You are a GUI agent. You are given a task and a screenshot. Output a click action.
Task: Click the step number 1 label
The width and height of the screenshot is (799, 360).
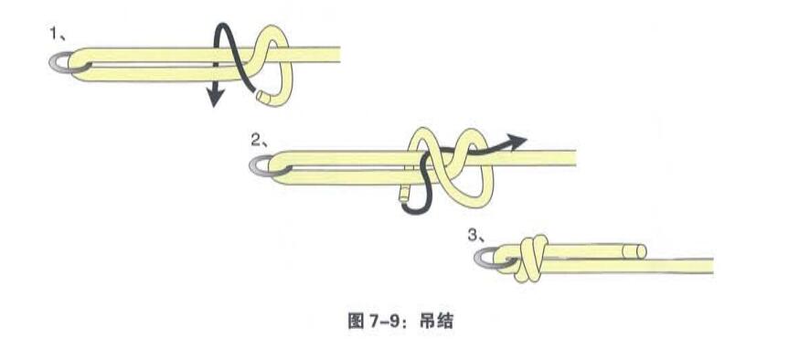[x=54, y=35]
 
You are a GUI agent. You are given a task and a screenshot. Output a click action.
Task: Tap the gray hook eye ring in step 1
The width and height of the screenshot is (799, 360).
[x=60, y=61]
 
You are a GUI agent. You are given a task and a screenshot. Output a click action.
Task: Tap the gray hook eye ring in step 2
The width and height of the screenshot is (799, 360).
[x=263, y=164]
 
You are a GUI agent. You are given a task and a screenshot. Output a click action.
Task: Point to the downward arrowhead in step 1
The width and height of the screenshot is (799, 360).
[x=214, y=97]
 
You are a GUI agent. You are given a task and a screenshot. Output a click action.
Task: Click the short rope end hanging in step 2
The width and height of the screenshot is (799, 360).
[x=403, y=194]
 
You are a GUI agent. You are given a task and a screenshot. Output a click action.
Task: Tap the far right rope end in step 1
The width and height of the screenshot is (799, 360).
[x=337, y=54]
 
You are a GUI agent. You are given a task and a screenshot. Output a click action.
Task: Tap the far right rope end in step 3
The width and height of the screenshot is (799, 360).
[x=709, y=266]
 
